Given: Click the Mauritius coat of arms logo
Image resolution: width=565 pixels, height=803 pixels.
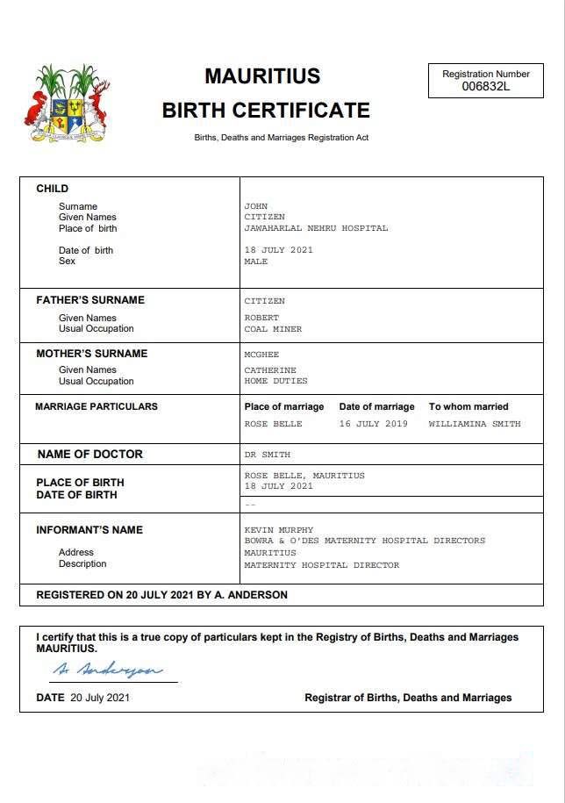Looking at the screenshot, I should pyautogui.click(x=66, y=104).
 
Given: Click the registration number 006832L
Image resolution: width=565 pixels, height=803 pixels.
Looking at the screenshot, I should pyautogui.click(x=485, y=86).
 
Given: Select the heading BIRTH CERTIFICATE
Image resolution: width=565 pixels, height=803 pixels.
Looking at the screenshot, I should pyautogui.click(x=266, y=111).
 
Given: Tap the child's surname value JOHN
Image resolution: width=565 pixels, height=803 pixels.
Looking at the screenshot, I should pyautogui.click(x=255, y=206).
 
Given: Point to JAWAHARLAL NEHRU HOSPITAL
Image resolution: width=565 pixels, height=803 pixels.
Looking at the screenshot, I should pyautogui.click(x=316, y=228).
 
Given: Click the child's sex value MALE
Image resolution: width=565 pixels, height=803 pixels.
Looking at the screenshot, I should pyautogui.click(x=255, y=262).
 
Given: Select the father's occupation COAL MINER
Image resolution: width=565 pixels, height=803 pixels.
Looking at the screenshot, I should pyautogui.click(x=273, y=329).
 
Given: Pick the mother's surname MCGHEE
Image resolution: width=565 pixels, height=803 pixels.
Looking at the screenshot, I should pyautogui.click(x=261, y=355).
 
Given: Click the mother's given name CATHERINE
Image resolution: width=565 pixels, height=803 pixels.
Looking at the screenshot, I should pyautogui.click(x=270, y=370).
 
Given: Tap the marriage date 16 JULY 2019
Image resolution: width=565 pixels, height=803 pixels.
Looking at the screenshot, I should pyautogui.click(x=374, y=424).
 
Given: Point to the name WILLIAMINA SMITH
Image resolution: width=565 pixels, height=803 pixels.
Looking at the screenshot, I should pyautogui.click(x=475, y=424).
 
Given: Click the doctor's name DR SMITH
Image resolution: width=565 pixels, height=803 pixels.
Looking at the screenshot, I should pyautogui.click(x=267, y=455).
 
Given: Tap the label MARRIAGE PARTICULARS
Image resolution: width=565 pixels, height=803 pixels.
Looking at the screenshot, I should pyautogui.click(x=97, y=407).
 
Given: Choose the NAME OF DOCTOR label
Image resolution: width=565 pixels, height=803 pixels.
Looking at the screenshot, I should pyautogui.click(x=89, y=455).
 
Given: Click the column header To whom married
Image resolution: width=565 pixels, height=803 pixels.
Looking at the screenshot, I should pyautogui.click(x=468, y=407).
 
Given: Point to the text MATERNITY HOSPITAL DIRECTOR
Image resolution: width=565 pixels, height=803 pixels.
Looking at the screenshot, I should pyautogui.click(x=321, y=565).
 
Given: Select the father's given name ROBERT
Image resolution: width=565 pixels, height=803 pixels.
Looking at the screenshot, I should pyautogui.click(x=261, y=318).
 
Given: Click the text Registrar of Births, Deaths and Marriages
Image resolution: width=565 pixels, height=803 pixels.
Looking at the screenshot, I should pyautogui.click(x=408, y=698).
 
